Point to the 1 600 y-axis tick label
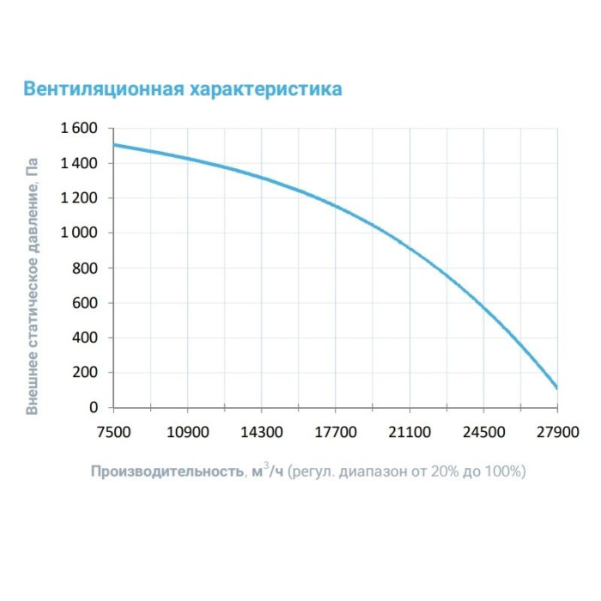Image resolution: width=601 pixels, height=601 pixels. coord(80,129)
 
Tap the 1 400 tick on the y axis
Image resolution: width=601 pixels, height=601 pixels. coord(80,163)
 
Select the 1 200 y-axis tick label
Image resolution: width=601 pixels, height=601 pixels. coord(80,198)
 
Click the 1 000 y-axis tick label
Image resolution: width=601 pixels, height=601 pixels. coord(80,234)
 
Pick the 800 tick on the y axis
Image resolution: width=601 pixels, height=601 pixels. coord(86,268)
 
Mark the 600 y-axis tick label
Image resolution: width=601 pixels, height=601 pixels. coord(86,303)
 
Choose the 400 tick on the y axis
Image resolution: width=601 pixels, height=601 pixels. coord(86,337)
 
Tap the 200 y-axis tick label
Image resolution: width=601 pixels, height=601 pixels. coord(86,373)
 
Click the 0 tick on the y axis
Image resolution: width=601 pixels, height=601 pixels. coord(94,407)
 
